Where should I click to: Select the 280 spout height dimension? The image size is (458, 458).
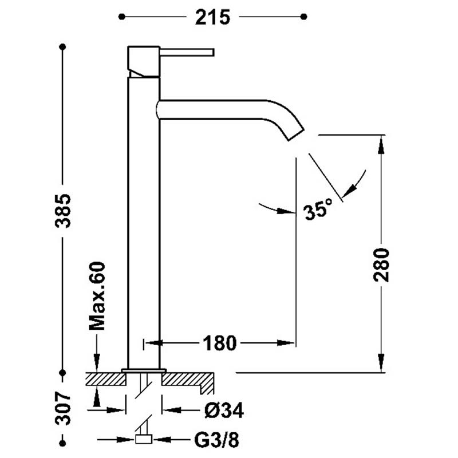pos(381,264)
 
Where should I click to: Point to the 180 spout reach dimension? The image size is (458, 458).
pos(219,343)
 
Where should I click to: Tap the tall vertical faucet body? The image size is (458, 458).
pos(143,229)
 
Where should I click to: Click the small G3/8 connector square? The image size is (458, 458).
pos(143,440)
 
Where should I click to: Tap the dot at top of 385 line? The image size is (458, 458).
pos(63,46)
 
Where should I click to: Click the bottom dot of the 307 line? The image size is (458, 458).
pos(63,440)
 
